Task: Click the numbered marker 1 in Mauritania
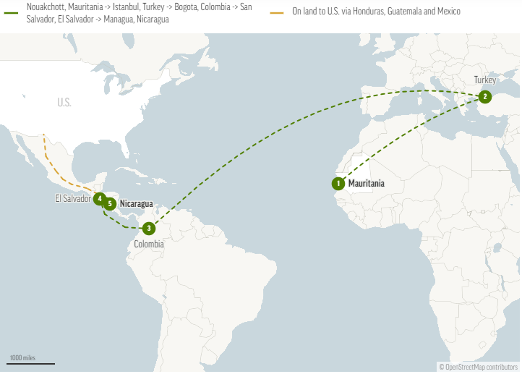click(x=338, y=184)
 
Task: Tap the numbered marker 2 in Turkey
click(x=484, y=96)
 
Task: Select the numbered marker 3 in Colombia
click(x=148, y=229)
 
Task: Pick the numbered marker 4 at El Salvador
click(x=99, y=198)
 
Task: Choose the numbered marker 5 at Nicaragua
click(x=110, y=204)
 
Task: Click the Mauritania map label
click(x=367, y=184)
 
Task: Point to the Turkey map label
click(x=485, y=80)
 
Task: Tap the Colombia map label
click(x=149, y=245)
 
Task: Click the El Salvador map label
click(x=73, y=198)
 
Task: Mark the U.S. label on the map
click(x=64, y=103)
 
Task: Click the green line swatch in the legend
click(x=11, y=12)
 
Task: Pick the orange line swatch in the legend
click(x=277, y=12)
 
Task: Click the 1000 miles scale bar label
click(x=22, y=358)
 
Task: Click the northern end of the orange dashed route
click(x=43, y=135)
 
